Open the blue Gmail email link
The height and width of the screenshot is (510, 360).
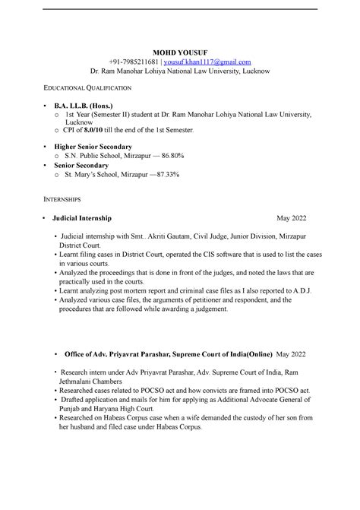[212, 61]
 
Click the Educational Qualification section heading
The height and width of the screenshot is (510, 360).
[82, 89]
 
